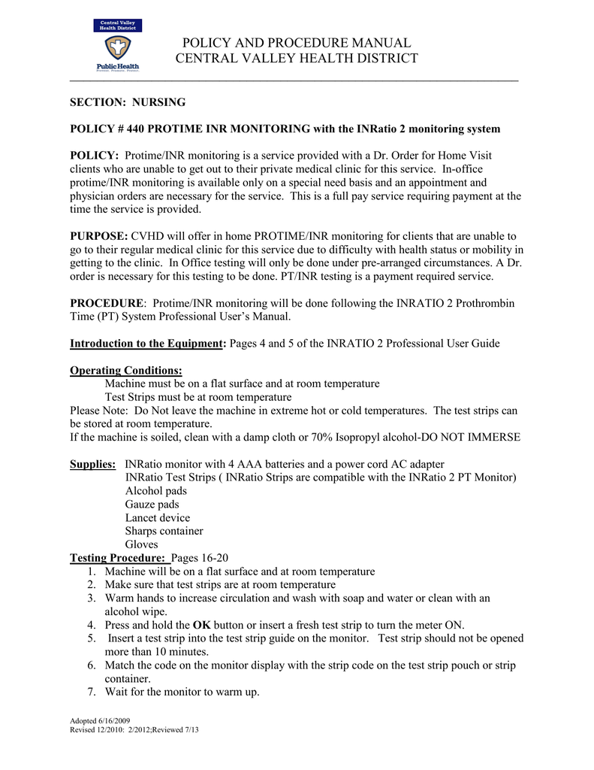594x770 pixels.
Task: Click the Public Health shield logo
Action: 116,48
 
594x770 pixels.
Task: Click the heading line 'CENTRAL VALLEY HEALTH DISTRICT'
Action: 297,59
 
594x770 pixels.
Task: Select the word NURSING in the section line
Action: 159,102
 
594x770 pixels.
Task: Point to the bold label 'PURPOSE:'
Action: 99,236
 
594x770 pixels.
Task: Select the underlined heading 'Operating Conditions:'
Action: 125,370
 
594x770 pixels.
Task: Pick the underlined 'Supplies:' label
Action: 92,464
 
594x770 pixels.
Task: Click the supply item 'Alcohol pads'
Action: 156,491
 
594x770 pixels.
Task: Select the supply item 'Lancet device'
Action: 158,518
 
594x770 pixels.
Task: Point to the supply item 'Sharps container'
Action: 164,531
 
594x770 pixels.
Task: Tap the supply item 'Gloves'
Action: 142,544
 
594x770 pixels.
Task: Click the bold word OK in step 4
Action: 202,625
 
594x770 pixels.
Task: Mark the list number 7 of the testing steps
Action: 91,692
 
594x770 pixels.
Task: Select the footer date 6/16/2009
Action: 113,720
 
